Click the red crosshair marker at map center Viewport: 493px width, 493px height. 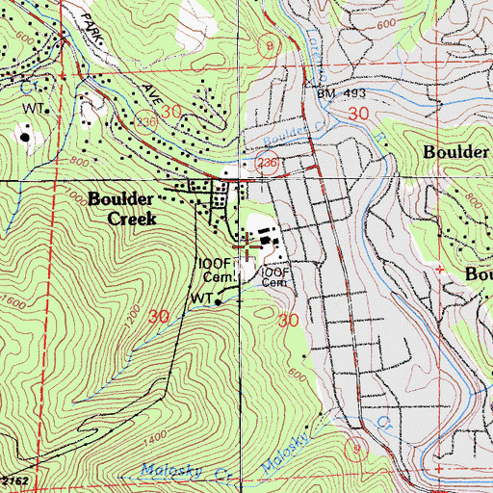[247, 250]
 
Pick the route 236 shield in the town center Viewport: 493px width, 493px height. [267, 165]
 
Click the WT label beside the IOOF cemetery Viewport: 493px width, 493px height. [199, 300]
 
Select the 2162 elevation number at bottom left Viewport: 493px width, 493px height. [13, 479]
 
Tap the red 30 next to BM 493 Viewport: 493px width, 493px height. [359, 115]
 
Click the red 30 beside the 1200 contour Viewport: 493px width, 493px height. [159, 315]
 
